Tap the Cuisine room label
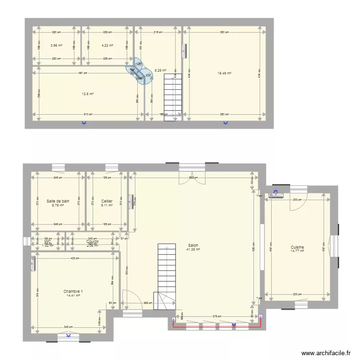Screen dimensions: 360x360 tap(297, 247)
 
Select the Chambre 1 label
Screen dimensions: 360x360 tap(73, 291)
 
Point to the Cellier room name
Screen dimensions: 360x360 tap(107, 201)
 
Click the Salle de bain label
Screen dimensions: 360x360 tap(58, 201)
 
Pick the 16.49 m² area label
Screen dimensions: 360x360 tap(224, 73)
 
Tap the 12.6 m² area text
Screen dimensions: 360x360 tap(87, 94)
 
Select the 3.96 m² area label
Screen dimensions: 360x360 tap(56, 46)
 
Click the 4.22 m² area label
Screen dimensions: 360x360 tap(107, 46)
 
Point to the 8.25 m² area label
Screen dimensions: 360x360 tap(160, 70)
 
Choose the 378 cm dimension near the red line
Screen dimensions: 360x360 tap(216, 316)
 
